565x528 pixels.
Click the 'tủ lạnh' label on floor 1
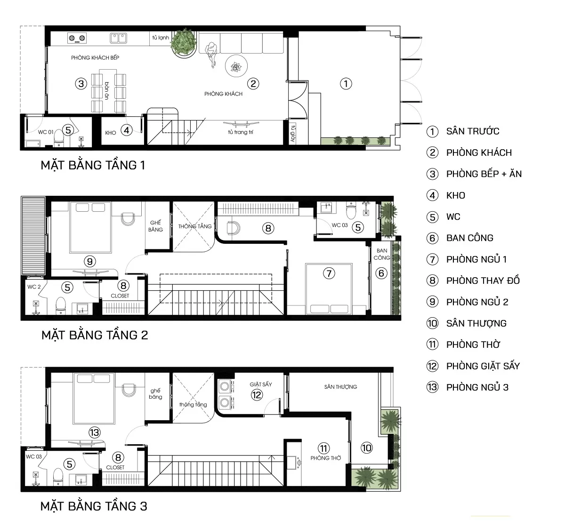[x=161, y=38]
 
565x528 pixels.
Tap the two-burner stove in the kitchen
[x=77, y=38]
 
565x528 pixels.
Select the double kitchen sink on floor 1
[x=118, y=38]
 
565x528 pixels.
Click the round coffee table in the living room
[x=236, y=66]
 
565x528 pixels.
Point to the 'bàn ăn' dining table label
[x=107, y=91]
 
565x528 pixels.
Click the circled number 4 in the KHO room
[x=127, y=130]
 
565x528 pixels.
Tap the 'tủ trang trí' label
[x=241, y=132]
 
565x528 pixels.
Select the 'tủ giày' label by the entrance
[x=293, y=134]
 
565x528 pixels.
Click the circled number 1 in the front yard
[x=346, y=84]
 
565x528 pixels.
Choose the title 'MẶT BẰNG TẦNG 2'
[x=95, y=335]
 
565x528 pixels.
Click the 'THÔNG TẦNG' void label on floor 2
[x=195, y=226]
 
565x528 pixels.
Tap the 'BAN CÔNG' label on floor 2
[x=382, y=254]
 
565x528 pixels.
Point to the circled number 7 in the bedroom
[x=329, y=273]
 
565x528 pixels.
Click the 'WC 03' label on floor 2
[x=339, y=225]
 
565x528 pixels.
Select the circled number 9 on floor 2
[x=90, y=262]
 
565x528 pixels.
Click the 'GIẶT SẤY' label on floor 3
[x=261, y=384]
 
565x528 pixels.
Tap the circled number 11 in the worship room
[x=324, y=448]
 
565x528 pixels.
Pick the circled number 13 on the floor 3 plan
[x=95, y=432]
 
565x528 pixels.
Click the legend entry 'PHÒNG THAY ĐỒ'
[x=483, y=280]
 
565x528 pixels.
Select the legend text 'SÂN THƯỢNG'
[x=476, y=323]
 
